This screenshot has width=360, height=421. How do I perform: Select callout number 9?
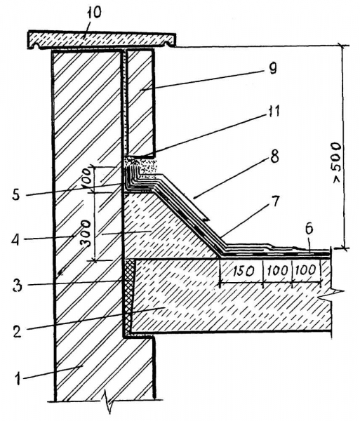click(x=272, y=68)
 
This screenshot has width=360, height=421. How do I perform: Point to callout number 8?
click(x=274, y=156)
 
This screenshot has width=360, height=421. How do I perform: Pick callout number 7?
click(x=275, y=201)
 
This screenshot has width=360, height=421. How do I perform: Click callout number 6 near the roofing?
click(x=309, y=230)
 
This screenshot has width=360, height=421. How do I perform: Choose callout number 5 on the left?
click(x=16, y=195)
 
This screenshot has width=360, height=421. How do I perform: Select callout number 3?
click(x=18, y=286)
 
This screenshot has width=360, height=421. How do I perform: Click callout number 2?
click(x=17, y=332)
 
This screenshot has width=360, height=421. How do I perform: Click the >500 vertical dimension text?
click(x=336, y=163)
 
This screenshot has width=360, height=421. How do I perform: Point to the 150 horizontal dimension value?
click(x=243, y=271)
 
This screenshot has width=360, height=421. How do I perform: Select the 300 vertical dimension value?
click(x=86, y=233)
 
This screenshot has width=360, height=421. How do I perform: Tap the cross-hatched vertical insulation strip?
click(x=130, y=295)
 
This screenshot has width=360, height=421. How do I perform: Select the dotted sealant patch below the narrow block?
click(x=145, y=166)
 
